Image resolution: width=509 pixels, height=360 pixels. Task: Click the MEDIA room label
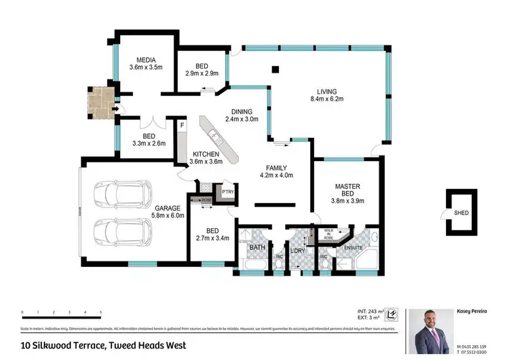click(x=146, y=63)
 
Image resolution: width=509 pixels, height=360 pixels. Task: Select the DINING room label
click(x=242, y=115)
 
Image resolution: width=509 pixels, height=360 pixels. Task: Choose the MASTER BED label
click(x=347, y=194)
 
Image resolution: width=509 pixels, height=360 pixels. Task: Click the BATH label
click(x=257, y=247)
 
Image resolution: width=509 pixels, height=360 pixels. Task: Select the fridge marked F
click(x=183, y=126)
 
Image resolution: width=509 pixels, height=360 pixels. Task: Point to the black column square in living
click(x=275, y=69)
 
